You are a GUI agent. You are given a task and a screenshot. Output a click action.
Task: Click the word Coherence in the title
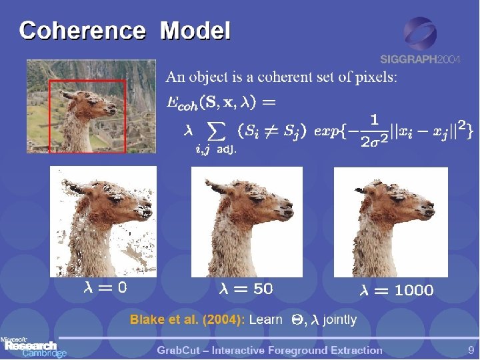click(x=82, y=31)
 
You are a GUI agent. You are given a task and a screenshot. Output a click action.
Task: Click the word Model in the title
click(x=195, y=31)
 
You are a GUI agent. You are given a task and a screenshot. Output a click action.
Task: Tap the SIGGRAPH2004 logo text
click(x=420, y=59)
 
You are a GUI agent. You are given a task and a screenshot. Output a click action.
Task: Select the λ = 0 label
click(x=105, y=288)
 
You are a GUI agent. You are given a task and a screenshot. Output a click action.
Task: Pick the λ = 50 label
click(x=246, y=289)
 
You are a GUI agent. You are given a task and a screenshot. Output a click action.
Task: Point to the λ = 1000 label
click(x=397, y=290)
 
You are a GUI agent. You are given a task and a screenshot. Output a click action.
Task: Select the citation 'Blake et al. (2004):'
click(x=187, y=320)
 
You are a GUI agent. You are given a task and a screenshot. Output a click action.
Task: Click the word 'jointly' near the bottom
click(x=339, y=320)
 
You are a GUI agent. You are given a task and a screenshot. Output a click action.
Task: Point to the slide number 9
click(x=471, y=350)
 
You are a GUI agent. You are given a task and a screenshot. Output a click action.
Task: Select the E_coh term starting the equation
click(x=181, y=104)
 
